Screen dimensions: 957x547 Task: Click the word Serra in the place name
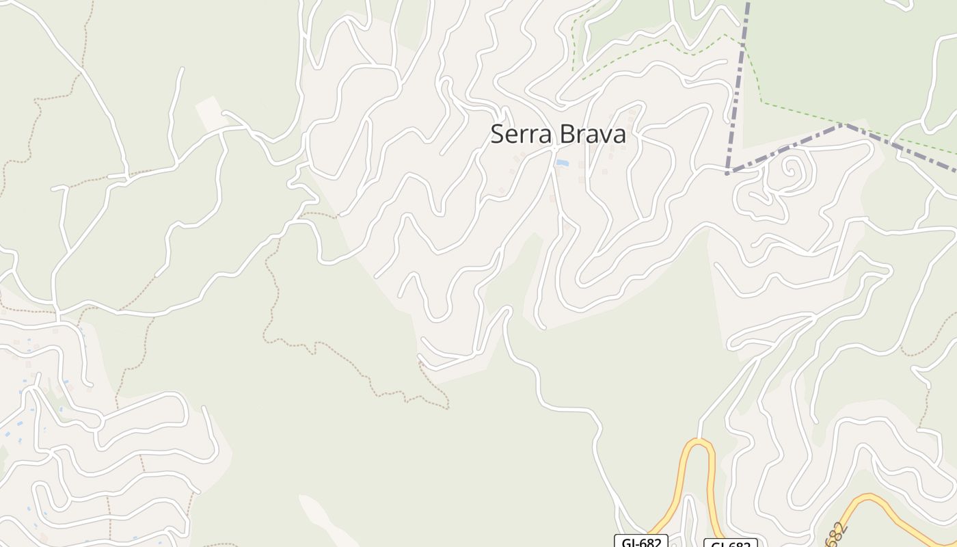(x=521, y=135)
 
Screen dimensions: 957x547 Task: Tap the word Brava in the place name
(x=593, y=135)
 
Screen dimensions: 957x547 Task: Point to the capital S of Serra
(x=497, y=135)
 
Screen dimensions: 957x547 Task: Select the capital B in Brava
(x=565, y=135)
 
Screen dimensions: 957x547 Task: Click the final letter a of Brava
(x=620, y=136)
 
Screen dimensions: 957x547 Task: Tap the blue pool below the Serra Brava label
(x=562, y=163)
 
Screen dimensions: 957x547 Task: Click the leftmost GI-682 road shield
(x=641, y=542)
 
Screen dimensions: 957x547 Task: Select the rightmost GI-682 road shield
(x=730, y=544)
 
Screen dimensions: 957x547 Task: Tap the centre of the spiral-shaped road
(x=792, y=166)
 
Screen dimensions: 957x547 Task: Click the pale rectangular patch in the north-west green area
(x=210, y=113)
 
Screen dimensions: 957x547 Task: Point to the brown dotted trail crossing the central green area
(x=342, y=356)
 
